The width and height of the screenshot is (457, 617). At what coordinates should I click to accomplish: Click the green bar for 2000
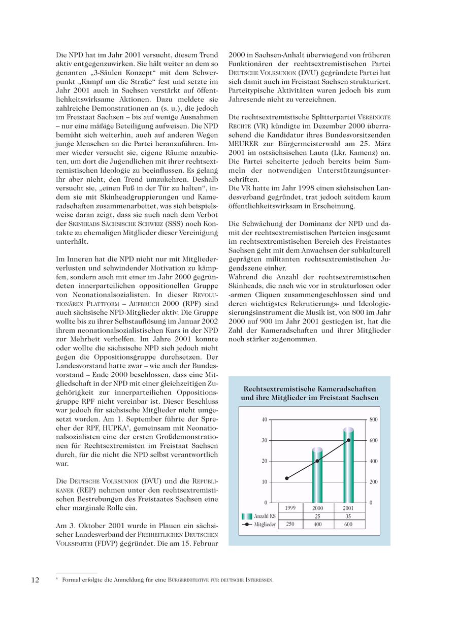click(317, 475)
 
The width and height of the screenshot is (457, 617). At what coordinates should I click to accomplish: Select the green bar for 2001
click(348, 465)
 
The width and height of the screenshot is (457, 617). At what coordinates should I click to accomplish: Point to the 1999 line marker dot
click(287, 478)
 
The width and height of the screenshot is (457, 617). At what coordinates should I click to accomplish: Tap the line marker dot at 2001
click(348, 440)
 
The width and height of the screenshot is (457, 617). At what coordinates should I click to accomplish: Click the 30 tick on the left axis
click(264, 440)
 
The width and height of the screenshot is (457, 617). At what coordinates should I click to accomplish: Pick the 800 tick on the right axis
click(374, 419)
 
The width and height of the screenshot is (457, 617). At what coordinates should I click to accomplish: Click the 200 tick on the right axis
click(374, 482)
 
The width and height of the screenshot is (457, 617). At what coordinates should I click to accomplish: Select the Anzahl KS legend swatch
click(248, 516)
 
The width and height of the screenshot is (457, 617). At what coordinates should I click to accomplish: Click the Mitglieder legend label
click(265, 525)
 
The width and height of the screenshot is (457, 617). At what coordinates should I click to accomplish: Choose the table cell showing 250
click(290, 525)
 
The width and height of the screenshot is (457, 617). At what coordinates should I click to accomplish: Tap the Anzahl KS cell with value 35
click(348, 516)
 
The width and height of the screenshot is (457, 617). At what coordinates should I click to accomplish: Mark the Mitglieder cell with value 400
click(317, 525)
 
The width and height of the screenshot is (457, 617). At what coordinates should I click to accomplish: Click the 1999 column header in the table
click(290, 508)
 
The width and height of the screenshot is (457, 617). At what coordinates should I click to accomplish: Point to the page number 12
click(36, 580)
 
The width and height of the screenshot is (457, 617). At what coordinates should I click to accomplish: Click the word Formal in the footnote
click(72, 580)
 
